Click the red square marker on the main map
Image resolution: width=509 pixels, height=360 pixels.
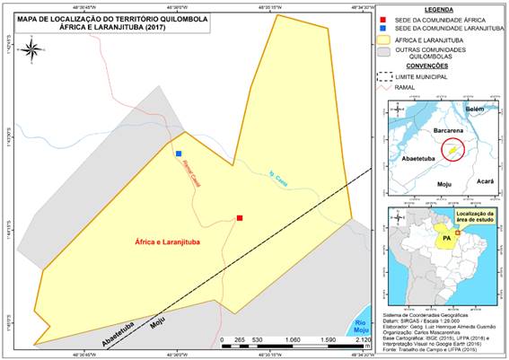click(240, 217)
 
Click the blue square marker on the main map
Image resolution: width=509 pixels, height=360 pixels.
click(179, 154)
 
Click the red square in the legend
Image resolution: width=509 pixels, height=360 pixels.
click(384, 18)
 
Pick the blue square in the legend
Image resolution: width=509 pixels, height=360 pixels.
click(384, 29)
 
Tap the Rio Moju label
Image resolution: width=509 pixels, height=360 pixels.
click(360, 326)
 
